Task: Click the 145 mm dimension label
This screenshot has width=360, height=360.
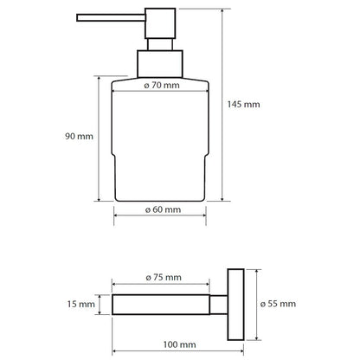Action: point(243,104)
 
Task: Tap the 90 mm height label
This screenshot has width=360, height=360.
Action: point(79,136)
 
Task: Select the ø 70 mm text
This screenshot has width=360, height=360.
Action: point(162,86)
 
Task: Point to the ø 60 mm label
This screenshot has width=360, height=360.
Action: point(163,209)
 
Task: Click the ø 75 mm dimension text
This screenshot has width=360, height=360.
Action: point(164,278)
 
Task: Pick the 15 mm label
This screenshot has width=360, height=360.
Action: point(81,304)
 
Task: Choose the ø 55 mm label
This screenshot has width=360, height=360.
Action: point(278,304)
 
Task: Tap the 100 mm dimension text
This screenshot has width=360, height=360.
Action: point(179,344)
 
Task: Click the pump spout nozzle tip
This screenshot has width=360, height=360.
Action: point(78,17)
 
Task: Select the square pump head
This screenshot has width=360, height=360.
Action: point(160,23)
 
